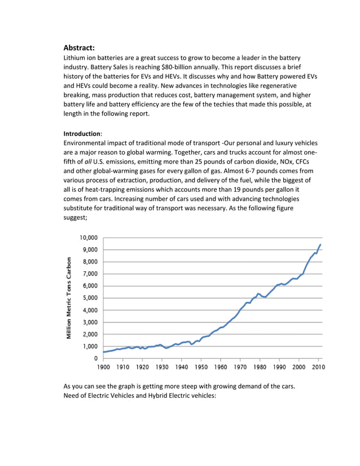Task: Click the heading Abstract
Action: pyautogui.click(x=82, y=48)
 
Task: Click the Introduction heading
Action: pyautogui.click(x=82, y=134)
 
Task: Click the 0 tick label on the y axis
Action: pyautogui.click(x=95, y=358)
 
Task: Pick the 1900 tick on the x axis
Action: pyautogui.click(x=103, y=367)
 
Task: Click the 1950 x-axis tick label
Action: pyautogui.click(x=201, y=367)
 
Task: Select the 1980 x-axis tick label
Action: pyautogui.click(x=260, y=367)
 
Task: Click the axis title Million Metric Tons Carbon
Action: pyautogui.click(x=69, y=298)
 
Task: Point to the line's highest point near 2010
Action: pyautogui.click(x=321, y=245)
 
